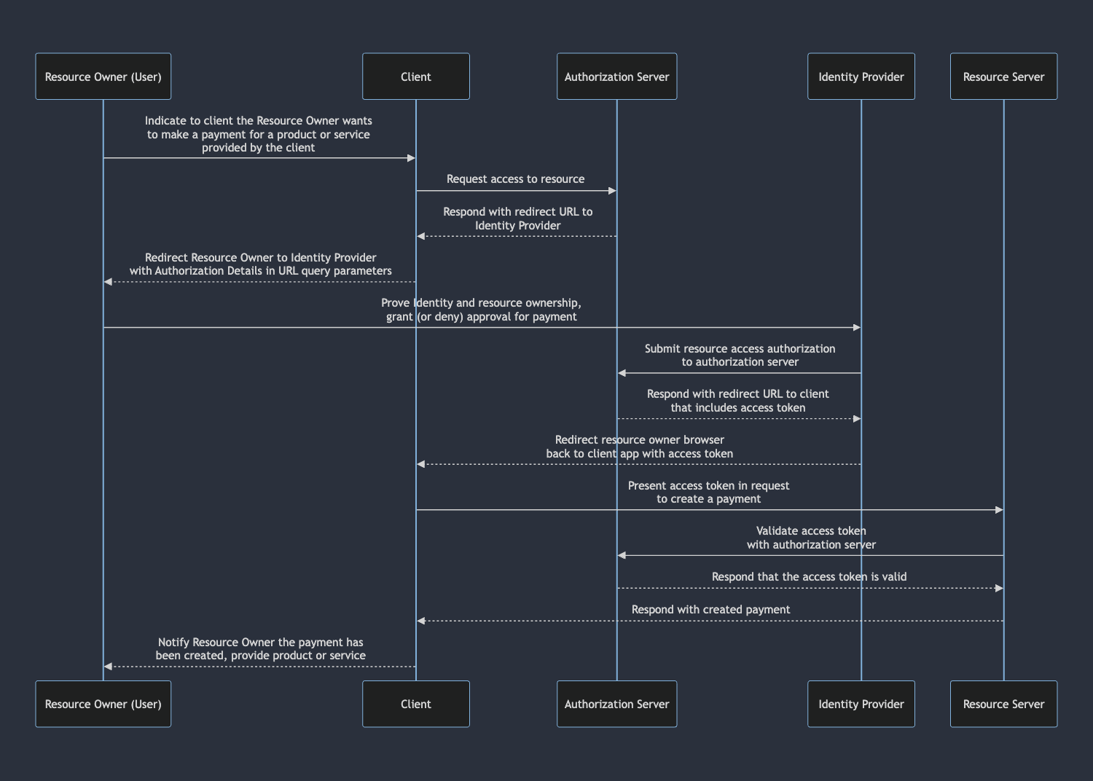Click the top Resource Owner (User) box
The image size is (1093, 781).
click(x=103, y=76)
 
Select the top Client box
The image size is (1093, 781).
click(x=415, y=76)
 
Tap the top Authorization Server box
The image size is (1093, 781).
click(x=616, y=76)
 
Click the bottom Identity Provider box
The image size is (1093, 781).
click(x=861, y=704)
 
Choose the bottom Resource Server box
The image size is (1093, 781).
click(x=1003, y=704)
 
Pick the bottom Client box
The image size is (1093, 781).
click(x=415, y=704)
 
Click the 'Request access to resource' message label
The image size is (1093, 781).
click(x=515, y=179)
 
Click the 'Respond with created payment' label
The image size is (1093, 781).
click(x=710, y=610)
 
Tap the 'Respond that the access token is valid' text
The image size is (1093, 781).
click(x=809, y=577)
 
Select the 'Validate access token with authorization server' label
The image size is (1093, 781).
click(x=811, y=538)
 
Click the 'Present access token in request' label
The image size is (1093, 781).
click(x=708, y=486)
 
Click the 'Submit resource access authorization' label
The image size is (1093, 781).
click(x=740, y=349)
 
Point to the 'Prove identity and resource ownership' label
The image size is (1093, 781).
click(x=481, y=303)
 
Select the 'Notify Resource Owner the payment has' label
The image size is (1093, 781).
click(x=260, y=643)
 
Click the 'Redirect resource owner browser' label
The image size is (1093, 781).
click(x=639, y=440)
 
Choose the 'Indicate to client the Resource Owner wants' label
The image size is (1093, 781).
click(x=258, y=121)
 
